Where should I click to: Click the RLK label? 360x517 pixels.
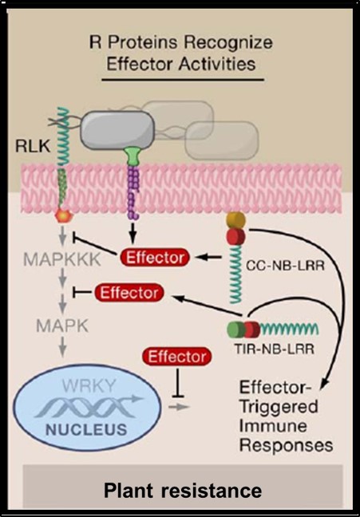(x=33, y=145)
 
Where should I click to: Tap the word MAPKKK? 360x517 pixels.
(x=62, y=260)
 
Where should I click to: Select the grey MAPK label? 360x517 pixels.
(x=62, y=326)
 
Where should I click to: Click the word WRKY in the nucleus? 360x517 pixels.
(x=89, y=386)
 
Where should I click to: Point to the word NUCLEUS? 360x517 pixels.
(x=86, y=429)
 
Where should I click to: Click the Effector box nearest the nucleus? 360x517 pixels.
(x=177, y=357)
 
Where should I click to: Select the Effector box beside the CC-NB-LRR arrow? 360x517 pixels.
(x=155, y=258)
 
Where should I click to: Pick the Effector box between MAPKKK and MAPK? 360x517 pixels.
(x=129, y=293)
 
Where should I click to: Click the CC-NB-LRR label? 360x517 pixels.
(x=286, y=266)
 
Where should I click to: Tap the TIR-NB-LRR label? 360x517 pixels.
(x=275, y=349)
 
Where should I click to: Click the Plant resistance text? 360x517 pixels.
(x=183, y=491)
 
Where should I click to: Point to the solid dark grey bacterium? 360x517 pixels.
(x=117, y=130)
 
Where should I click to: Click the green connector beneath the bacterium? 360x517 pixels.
(x=132, y=156)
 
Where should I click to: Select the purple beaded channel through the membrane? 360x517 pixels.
(x=133, y=192)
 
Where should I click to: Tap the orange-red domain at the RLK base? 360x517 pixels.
(x=65, y=216)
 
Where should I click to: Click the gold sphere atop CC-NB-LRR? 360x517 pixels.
(x=236, y=220)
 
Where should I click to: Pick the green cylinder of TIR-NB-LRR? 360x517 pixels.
(x=236, y=330)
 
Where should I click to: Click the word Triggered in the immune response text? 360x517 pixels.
(x=279, y=407)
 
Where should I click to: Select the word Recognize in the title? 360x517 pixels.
(x=228, y=43)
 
